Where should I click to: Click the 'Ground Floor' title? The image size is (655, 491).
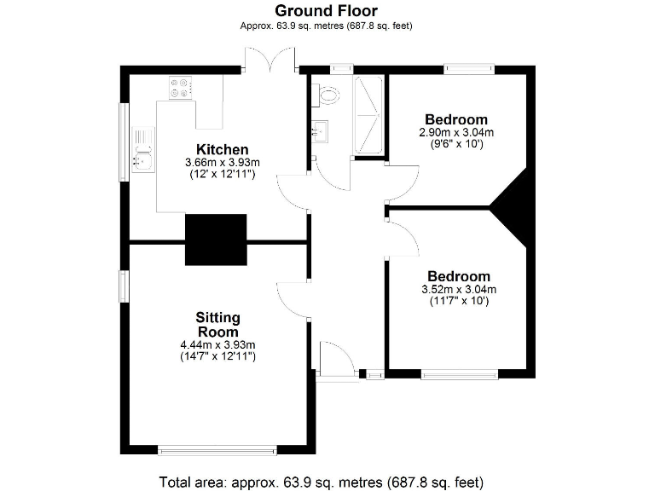[326, 11]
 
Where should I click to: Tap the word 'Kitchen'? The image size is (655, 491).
[222, 149]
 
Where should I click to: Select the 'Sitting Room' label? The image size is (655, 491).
[218, 325]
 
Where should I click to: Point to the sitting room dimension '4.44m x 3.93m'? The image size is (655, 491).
[218, 344]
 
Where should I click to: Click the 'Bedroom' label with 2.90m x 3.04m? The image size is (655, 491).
[456, 119]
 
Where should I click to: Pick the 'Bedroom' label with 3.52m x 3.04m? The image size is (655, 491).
[459, 276]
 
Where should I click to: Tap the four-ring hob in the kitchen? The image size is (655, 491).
[180, 87]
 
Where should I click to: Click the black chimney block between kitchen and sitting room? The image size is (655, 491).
[216, 240]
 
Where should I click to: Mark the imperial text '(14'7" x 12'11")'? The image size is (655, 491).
[218, 355]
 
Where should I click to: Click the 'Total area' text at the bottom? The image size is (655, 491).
[326, 479]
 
